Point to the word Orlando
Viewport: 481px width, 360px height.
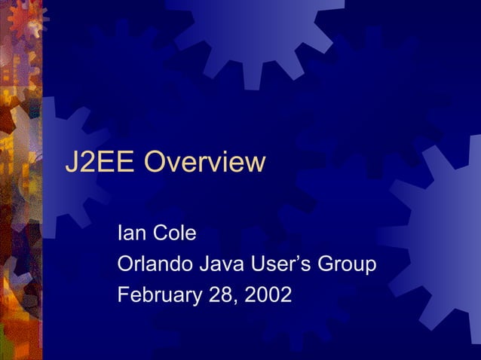click(x=155, y=264)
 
